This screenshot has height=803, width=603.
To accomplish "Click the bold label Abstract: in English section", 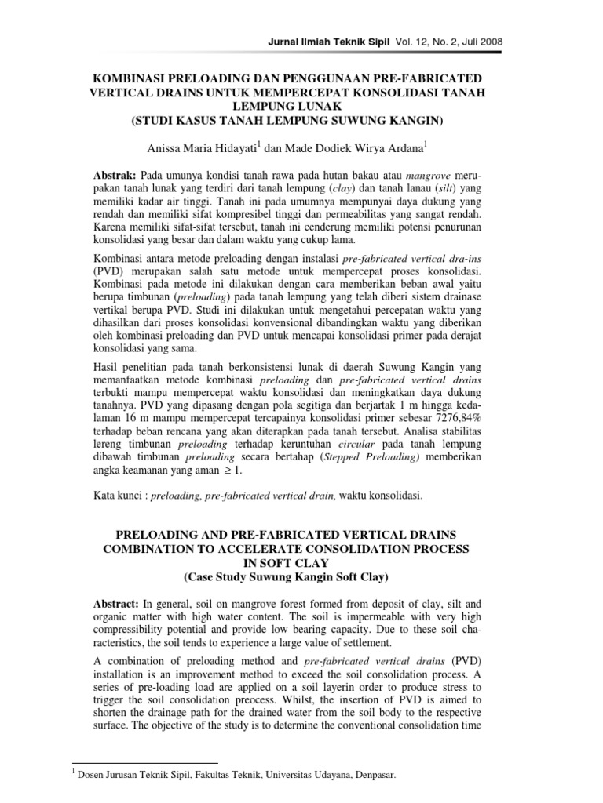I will [118, 605].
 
